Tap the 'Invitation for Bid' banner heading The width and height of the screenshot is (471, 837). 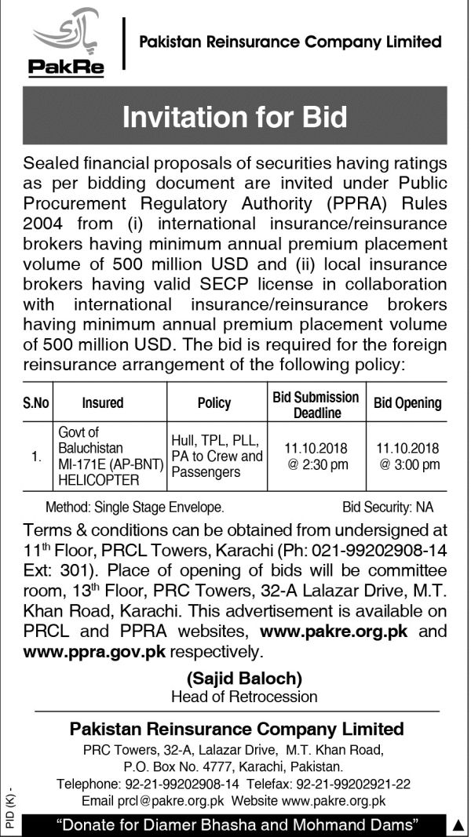point(235,117)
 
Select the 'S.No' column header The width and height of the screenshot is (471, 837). point(36,403)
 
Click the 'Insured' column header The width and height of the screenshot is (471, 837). point(103,403)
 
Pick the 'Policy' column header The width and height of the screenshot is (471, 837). point(214,403)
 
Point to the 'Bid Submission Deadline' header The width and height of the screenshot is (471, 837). point(316,404)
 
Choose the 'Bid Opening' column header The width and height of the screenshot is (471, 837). point(407,403)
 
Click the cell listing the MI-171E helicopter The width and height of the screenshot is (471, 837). point(109,456)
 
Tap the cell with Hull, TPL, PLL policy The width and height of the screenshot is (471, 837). point(216,456)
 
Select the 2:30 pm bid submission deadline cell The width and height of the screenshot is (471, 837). point(316,456)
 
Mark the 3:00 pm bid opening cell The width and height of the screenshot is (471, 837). point(408,456)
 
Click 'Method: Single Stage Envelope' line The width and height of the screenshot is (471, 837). point(135,508)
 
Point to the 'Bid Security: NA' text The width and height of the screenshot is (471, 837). point(388,508)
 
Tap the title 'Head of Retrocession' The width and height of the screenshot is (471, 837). point(244,695)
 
